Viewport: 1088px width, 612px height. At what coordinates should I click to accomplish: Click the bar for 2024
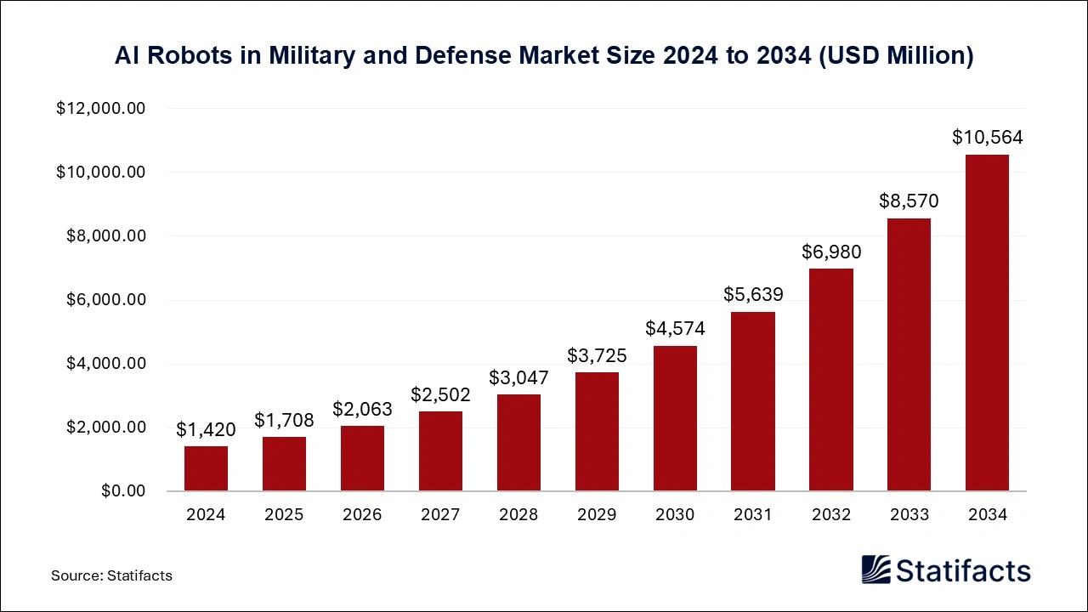pyautogui.click(x=206, y=468)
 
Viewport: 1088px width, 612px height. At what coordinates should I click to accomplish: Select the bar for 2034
pyautogui.click(x=987, y=323)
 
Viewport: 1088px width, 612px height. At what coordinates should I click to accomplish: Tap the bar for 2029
pyautogui.click(x=597, y=432)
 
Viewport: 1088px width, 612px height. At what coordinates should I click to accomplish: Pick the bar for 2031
pyautogui.click(x=752, y=401)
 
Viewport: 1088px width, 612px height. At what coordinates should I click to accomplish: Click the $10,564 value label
pyautogui.click(x=987, y=138)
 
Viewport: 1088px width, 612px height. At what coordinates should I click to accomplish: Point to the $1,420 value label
pyautogui.click(x=206, y=430)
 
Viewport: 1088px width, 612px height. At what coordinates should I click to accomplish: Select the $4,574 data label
pyautogui.click(x=675, y=328)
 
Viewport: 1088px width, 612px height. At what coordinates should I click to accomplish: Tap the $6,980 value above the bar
pyautogui.click(x=830, y=252)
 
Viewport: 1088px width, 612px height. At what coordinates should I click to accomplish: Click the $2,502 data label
pyautogui.click(x=440, y=394)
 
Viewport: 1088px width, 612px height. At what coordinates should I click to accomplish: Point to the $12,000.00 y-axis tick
pyautogui.click(x=101, y=109)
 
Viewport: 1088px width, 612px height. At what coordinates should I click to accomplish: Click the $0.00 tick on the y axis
pyautogui.click(x=123, y=491)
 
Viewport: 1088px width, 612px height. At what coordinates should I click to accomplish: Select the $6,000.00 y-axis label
pyautogui.click(x=105, y=300)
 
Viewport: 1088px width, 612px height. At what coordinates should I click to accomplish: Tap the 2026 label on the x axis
pyautogui.click(x=362, y=514)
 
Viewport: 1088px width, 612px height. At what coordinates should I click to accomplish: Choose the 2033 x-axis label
pyautogui.click(x=909, y=514)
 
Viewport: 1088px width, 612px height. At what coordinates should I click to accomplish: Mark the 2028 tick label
pyautogui.click(x=518, y=514)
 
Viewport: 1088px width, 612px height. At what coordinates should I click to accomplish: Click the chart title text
pyautogui.click(x=544, y=56)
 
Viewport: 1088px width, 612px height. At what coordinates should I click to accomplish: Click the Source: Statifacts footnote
pyautogui.click(x=111, y=575)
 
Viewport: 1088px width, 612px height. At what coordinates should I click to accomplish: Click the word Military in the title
pyautogui.click(x=308, y=56)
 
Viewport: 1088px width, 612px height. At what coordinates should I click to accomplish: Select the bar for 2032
pyautogui.click(x=830, y=380)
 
